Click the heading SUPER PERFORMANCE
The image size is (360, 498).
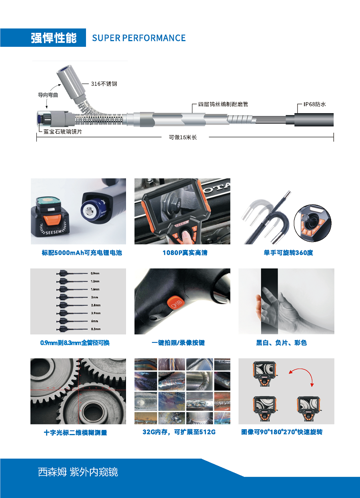(x=139, y=38)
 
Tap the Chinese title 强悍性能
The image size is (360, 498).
(x=54, y=38)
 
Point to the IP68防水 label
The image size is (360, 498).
(x=314, y=104)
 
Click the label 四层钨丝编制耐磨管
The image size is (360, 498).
(x=223, y=104)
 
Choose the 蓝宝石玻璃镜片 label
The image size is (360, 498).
(x=60, y=131)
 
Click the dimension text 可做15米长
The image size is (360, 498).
(x=183, y=137)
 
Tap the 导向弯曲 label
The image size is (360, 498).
(x=48, y=95)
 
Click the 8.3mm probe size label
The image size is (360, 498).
(x=96, y=329)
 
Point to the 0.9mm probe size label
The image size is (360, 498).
(x=95, y=273)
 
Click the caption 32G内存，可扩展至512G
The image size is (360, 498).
(x=179, y=432)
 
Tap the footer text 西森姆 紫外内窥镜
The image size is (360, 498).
(x=78, y=472)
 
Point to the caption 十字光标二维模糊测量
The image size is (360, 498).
(x=75, y=433)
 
